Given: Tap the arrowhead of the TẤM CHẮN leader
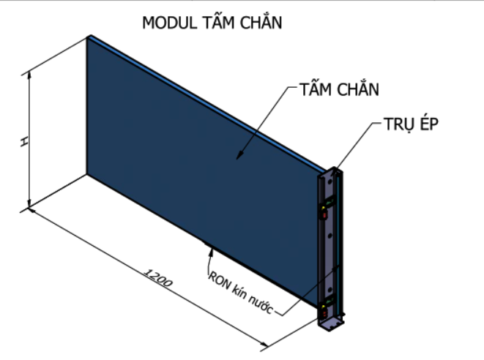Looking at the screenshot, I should [x=238, y=155].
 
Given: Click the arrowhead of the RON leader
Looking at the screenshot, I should [x=211, y=250].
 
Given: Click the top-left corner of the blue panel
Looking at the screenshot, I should [x=88, y=37].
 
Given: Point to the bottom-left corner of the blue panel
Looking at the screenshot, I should [x=87, y=174].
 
